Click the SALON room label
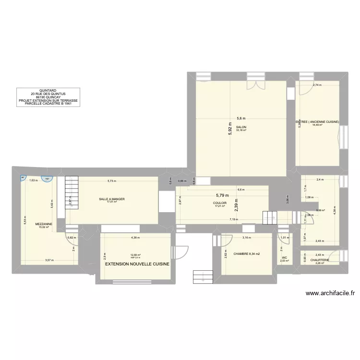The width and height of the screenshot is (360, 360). point(240,127)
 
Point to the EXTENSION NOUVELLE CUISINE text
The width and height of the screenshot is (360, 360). point(137,264)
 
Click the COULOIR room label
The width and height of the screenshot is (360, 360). point(220,203)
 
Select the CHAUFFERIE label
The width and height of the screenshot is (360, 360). point(319,260)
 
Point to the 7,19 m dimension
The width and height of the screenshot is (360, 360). point(233,220)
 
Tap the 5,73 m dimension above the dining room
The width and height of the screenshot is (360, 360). point(111,181)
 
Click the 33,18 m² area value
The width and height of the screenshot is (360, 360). point(240,130)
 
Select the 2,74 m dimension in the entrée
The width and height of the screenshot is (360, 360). point(317,85)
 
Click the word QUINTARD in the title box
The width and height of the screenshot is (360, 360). point(48,90)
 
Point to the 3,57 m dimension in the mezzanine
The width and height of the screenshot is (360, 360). point(49,260)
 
